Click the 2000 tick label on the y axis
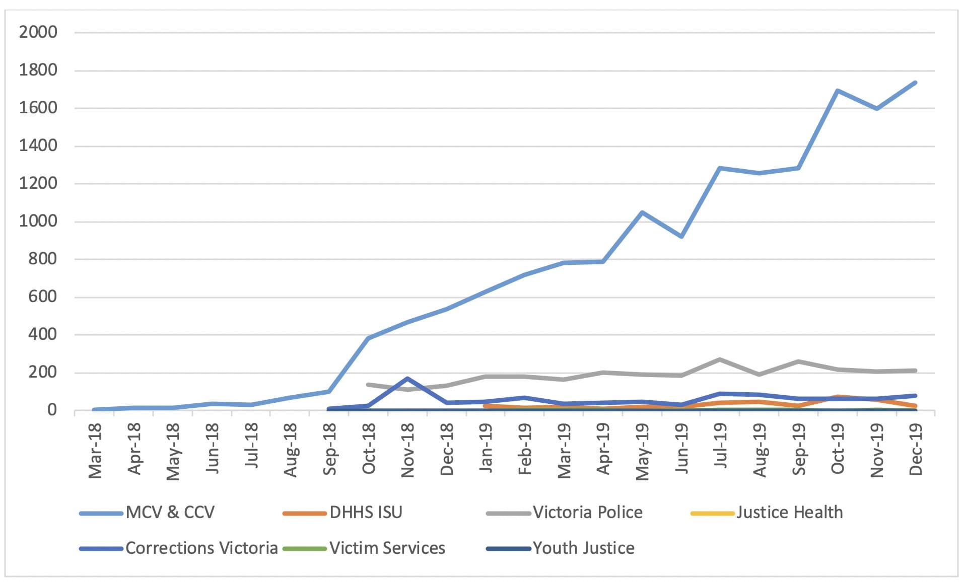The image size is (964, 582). (x=38, y=32)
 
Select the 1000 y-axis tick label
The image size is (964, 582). (x=38, y=221)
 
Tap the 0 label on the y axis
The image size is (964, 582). (x=52, y=410)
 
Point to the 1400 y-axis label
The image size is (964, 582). (x=38, y=146)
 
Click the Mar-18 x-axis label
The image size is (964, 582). (x=95, y=451)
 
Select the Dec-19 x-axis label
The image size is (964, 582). (x=915, y=449)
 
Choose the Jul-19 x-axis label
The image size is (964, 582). (x=720, y=446)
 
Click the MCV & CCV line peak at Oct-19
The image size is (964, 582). (x=837, y=91)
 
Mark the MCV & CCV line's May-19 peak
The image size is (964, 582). (x=642, y=212)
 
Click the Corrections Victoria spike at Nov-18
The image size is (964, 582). (x=407, y=379)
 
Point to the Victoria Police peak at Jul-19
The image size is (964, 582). (x=720, y=359)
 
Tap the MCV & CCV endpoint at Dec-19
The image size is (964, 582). (x=915, y=83)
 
